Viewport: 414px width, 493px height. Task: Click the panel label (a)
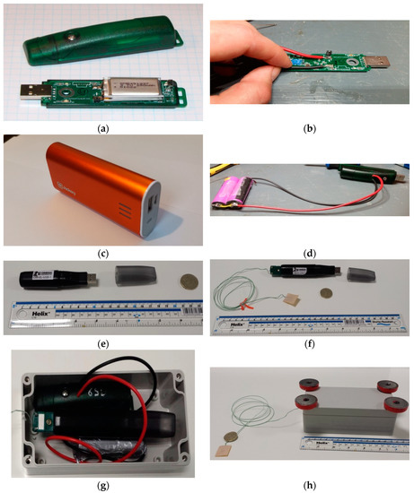click(102, 125)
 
